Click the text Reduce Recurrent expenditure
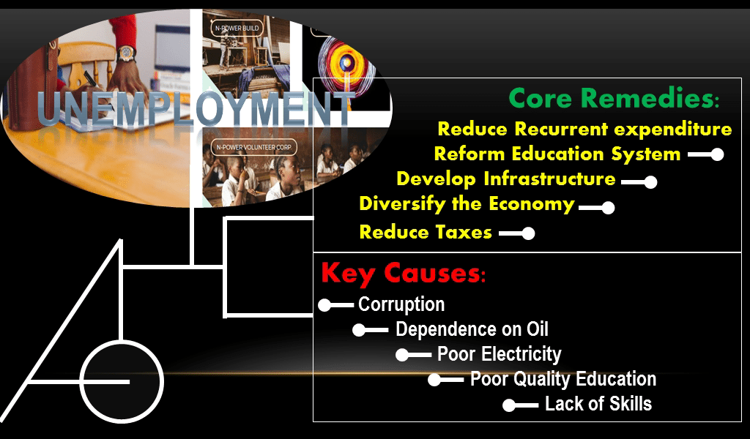coord(584,130)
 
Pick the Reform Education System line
coord(557,154)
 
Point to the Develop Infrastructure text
coord(505,179)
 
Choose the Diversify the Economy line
coord(467,204)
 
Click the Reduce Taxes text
coord(425,233)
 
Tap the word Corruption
coord(401,304)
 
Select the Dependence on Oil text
coord(472,329)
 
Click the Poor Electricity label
coord(499,355)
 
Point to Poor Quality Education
coord(562,379)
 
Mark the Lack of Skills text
coord(598,404)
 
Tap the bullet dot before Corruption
coord(325,305)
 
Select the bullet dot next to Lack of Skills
coord(510,405)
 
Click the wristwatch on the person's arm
coord(126,53)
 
